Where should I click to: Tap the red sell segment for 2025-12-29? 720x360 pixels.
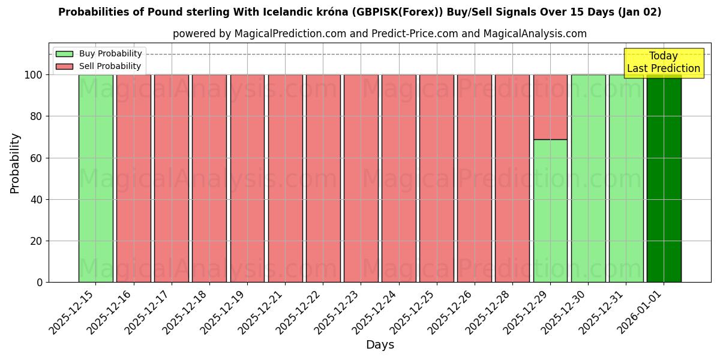pyautogui.click(x=550, y=107)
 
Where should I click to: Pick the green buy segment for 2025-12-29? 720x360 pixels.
pyautogui.click(x=550, y=211)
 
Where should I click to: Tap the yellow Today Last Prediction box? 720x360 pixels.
pyautogui.click(x=663, y=63)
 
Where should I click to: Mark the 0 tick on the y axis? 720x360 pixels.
pyautogui.click(x=39, y=283)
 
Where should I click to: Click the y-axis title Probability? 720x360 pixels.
pyautogui.click(x=15, y=163)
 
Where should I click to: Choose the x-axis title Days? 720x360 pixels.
pyautogui.click(x=380, y=345)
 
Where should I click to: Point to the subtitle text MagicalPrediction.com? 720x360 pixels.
pyautogui.click(x=288, y=34)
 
